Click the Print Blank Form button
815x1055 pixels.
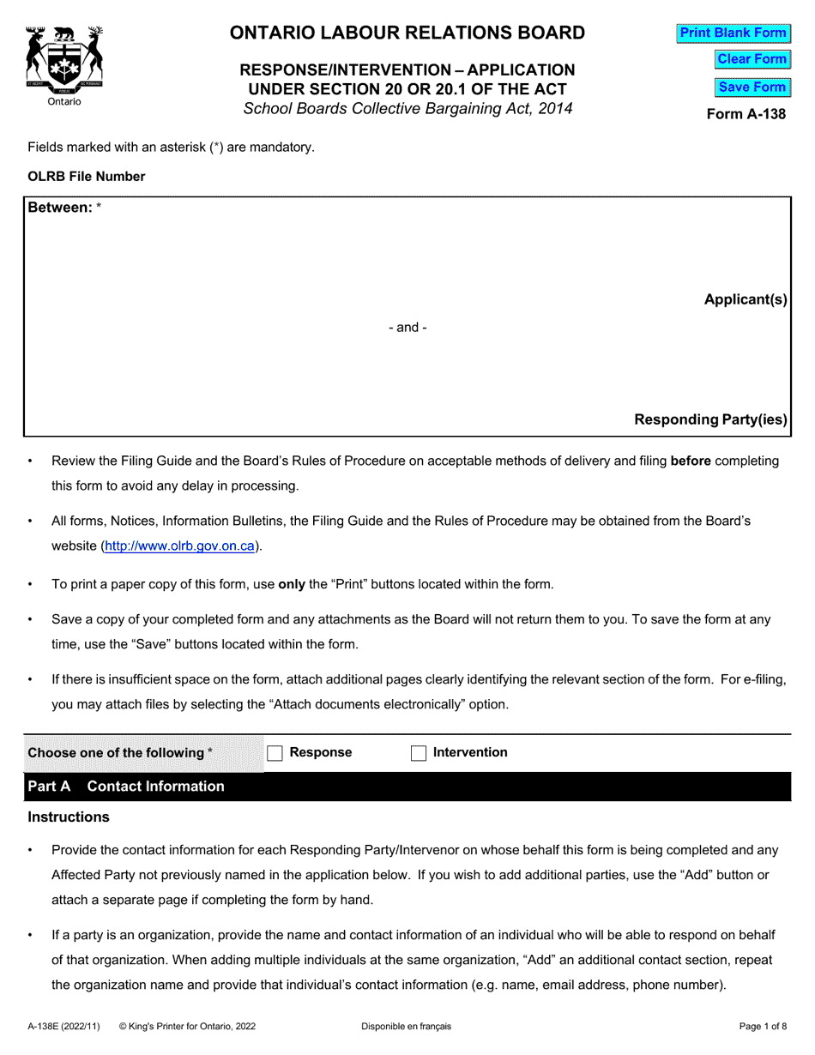733,33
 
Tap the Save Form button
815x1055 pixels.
752,87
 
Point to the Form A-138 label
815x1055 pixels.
746,113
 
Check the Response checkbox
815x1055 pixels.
275,753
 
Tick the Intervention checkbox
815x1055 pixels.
419,753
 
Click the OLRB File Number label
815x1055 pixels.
87,177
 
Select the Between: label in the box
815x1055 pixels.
60,208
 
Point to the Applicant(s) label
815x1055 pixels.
745,299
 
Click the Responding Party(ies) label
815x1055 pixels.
709,419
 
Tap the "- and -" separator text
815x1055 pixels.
407,327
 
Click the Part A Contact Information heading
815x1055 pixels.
126,787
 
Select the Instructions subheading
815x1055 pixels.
69,817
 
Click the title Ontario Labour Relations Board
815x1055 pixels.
407,33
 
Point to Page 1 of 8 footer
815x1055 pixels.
763,1026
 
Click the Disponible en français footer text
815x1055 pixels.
406,1026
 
